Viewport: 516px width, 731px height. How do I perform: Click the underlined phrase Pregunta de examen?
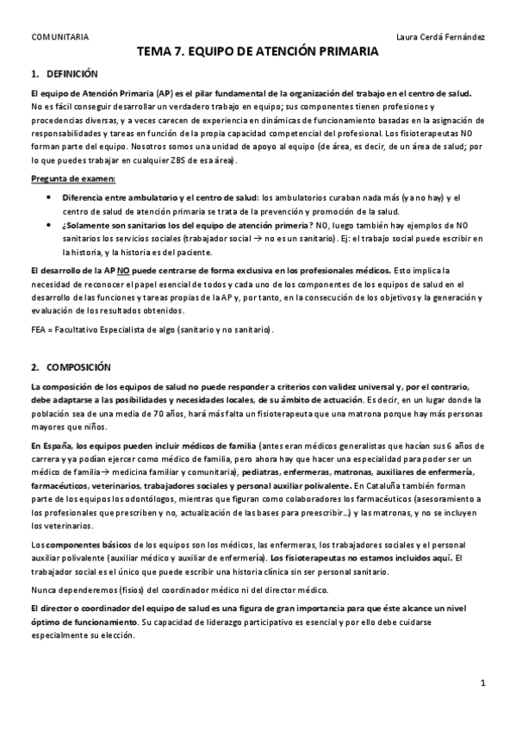(x=65, y=178)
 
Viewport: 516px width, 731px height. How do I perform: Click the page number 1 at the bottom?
(x=484, y=684)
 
